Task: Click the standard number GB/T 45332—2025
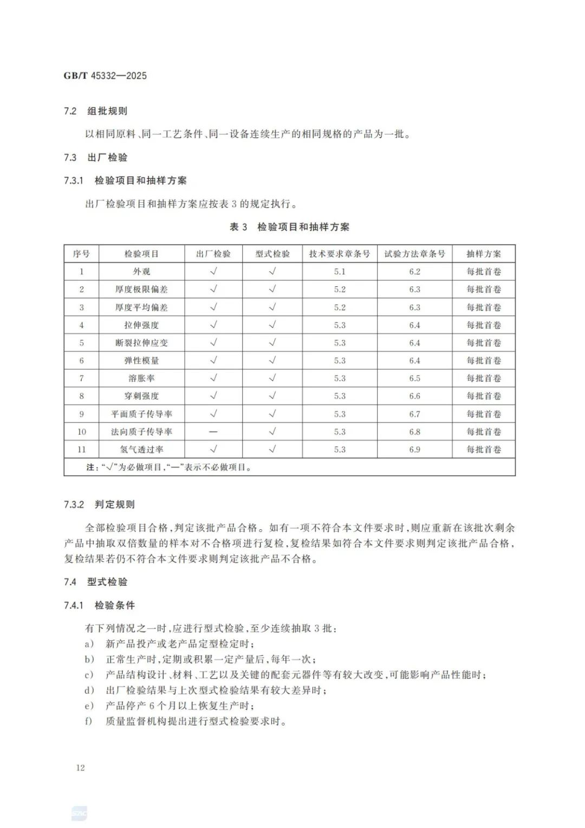point(105,76)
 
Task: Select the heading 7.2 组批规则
point(95,111)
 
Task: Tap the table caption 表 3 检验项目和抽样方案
point(289,227)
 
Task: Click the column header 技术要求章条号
point(340,254)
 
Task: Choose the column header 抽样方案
point(484,254)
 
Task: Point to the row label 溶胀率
point(141,378)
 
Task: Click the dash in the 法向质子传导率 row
point(213,432)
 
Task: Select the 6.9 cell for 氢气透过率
point(414,450)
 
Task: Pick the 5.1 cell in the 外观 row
point(340,272)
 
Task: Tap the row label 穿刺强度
point(141,396)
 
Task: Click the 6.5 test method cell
point(414,378)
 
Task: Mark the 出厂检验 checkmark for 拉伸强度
point(213,325)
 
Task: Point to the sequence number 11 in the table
point(82,450)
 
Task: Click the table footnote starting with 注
point(169,467)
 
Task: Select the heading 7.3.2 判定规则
point(99,505)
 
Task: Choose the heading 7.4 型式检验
point(95,582)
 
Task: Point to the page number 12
point(81,768)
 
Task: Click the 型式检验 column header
point(272,254)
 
